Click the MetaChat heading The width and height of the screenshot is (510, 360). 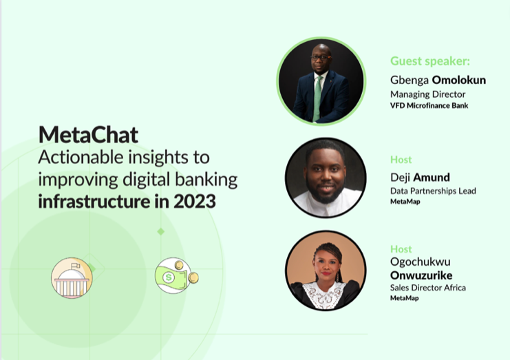pyautogui.click(x=88, y=135)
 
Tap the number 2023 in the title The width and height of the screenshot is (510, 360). pyautogui.click(x=195, y=201)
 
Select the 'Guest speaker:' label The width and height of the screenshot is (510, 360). pyautogui.click(x=430, y=61)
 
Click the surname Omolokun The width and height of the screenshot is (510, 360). pyautogui.click(x=459, y=80)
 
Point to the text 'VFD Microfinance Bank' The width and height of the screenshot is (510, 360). pyautogui.click(x=429, y=105)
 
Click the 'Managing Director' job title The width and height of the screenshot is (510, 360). pyautogui.click(x=427, y=94)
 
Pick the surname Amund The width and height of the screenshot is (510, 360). pyautogui.click(x=432, y=177)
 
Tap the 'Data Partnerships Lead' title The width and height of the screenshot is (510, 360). pyautogui.click(x=433, y=191)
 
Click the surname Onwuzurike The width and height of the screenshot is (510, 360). pyautogui.click(x=421, y=275)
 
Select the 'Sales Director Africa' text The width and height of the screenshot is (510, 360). pyautogui.click(x=428, y=288)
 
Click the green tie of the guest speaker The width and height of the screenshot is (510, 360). pyautogui.click(x=317, y=98)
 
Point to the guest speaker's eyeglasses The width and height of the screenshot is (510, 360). pyautogui.click(x=320, y=58)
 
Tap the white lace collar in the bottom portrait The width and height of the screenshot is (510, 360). pyautogui.click(x=324, y=295)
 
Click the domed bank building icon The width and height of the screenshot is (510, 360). pyautogui.click(x=72, y=278)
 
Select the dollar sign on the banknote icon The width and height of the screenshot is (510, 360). pyautogui.click(x=169, y=277)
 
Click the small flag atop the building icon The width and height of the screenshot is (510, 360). pyautogui.click(x=76, y=266)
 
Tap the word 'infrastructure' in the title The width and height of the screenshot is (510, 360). pyautogui.click(x=94, y=201)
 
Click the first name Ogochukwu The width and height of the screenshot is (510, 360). pyautogui.click(x=421, y=262)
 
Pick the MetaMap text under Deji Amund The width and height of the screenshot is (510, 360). pyautogui.click(x=405, y=202)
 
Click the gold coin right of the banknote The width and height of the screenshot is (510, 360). pyautogui.click(x=193, y=277)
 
